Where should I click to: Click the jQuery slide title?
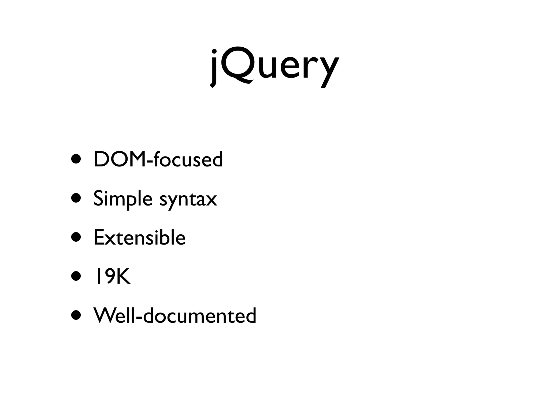click(x=274, y=67)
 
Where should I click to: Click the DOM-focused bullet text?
click(x=158, y=159)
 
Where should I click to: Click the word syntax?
click(x=188, y=199)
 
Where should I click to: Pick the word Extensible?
click(x=140, y=238)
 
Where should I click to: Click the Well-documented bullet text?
click(x=175, y=316)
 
